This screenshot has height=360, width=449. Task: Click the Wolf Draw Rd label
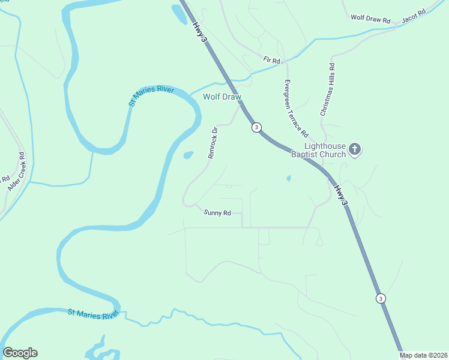point(370,20)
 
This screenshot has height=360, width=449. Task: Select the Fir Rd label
point(271,61)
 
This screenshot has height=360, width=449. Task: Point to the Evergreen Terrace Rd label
point(296,108)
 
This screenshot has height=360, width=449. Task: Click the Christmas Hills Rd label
point(328,90)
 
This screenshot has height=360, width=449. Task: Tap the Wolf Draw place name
point(221,97)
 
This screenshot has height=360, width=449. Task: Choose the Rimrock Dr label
point(212,142)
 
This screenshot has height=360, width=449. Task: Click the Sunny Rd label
point(217,212)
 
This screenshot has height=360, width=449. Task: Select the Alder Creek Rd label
point(16,172)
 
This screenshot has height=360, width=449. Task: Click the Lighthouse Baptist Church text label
point(325,150)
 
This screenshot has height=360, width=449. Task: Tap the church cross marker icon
point(355,149)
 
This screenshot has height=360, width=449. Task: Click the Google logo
point(20,353)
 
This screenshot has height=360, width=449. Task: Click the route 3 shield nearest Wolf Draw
point(256,127)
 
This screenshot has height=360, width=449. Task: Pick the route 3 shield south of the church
point(380,298)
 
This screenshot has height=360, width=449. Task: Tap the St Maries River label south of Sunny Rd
point(93,314)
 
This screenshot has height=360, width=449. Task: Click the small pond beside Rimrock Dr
point(188,155)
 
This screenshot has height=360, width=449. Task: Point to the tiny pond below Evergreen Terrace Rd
point(289,178)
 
